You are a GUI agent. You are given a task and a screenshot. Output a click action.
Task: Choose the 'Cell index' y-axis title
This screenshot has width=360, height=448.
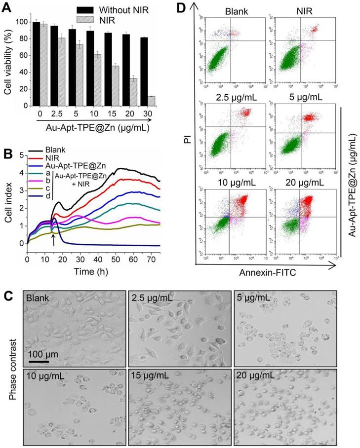tap(7, 201)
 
